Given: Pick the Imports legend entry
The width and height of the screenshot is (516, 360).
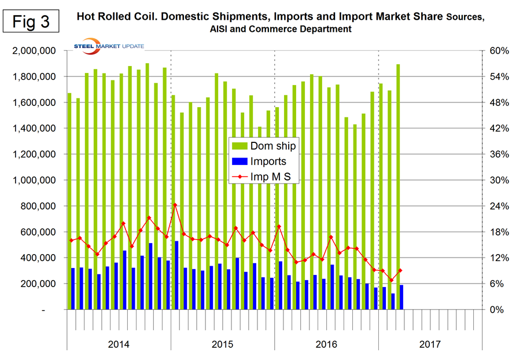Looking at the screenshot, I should [261, 161].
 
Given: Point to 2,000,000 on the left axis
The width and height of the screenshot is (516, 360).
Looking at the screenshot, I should [32, 51].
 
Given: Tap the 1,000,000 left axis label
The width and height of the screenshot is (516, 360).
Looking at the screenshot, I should [32, 181].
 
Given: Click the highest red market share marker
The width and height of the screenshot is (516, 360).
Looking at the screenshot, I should [175, 205].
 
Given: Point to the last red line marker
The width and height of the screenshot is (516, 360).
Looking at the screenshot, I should [400, 270].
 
